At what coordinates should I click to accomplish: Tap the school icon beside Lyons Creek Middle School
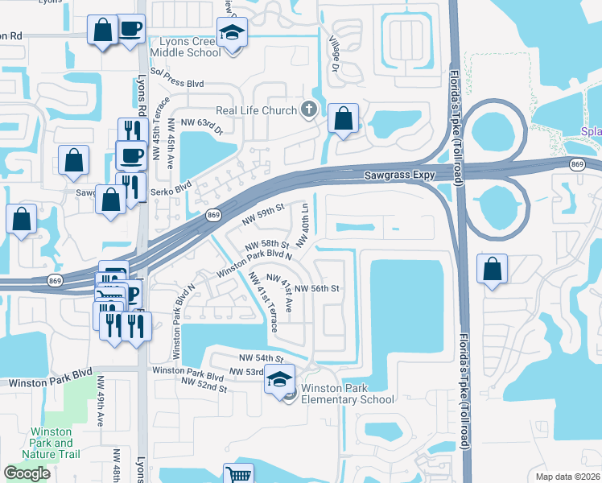233,34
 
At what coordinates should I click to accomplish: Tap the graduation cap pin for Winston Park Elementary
280,378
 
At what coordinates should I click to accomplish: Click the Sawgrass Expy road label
403,172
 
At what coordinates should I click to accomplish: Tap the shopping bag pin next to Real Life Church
343,119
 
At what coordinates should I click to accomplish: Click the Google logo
27,473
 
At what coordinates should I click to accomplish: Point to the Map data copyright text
567,477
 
